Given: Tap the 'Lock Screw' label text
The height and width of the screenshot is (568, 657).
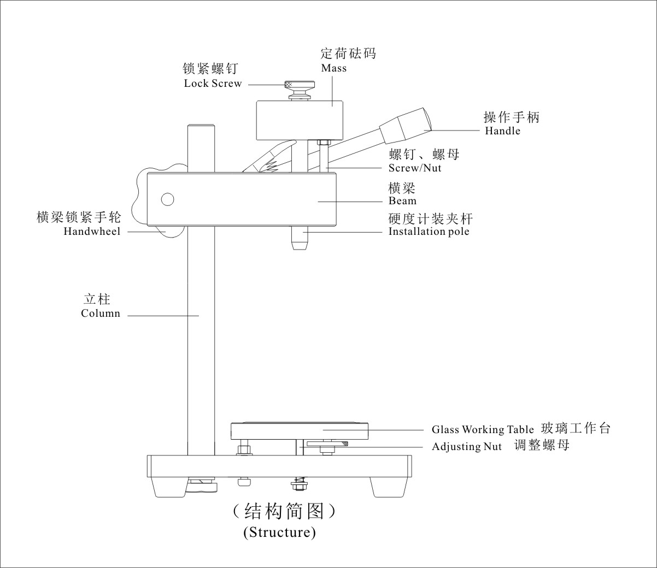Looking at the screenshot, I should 213,84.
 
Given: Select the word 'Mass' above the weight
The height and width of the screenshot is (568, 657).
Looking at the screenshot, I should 333,68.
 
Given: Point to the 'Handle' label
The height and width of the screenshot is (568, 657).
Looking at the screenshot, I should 502,131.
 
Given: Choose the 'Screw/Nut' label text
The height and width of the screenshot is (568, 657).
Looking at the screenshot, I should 414,168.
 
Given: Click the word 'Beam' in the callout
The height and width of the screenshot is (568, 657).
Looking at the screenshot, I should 402,201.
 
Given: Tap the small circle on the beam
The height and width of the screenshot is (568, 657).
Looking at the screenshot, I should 167,199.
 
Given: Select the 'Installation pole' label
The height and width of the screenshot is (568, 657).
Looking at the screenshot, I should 429,232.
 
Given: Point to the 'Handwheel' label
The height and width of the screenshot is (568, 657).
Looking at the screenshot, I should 92,232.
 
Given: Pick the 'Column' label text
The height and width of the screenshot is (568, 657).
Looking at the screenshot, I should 101,313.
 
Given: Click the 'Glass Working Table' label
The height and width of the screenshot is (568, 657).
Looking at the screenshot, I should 483,430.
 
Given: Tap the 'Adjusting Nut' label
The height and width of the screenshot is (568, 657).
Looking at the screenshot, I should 466,447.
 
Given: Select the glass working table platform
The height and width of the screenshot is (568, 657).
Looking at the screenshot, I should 299,431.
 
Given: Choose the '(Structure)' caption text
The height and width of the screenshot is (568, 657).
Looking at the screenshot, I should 279,532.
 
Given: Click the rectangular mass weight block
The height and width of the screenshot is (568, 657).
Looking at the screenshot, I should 300,120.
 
